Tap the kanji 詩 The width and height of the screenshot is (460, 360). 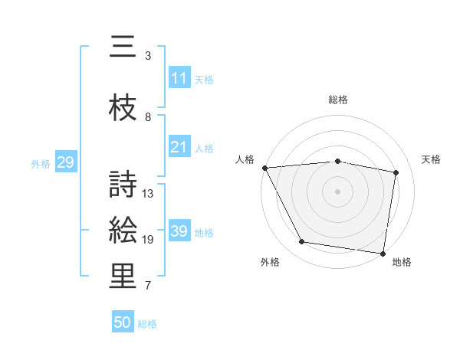(123, 185)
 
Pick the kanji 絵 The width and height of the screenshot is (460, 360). (123, 231)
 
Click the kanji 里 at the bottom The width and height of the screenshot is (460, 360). (123, 277)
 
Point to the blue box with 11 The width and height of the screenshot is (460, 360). (179, 78)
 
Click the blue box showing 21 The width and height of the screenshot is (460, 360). (179, 147)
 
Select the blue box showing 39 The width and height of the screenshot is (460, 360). (179, 231)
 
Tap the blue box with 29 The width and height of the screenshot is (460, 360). (65, 162)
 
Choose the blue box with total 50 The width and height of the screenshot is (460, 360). (123, 322)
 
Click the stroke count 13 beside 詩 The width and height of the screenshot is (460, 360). (148, 194)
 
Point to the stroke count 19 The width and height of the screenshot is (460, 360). (148, 240)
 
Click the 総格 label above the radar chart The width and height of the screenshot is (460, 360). (338, 100)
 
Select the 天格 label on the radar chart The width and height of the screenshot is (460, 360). (432, 159)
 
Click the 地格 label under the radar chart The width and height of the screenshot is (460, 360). (402, 262)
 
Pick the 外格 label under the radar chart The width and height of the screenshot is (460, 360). (270, 262)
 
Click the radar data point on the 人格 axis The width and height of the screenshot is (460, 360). (264, 168)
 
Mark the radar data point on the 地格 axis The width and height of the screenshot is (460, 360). (383, 253)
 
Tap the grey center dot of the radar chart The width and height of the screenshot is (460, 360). (338, 191)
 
